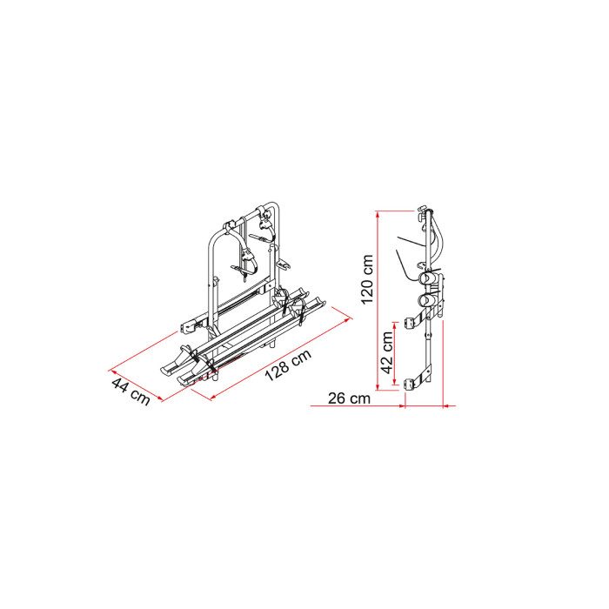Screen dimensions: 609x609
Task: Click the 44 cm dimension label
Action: pyautogui.click(x=130, y=391)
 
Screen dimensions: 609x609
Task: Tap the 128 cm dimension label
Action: pyautogui.click(x=288, y=365)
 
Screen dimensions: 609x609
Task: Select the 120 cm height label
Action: pyautogui.click(x=367, y=279)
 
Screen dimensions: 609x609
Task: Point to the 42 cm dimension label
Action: pyautogui.click(x=387, y=352)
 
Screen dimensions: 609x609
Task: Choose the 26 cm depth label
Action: pyautogui.click(x=349, y=398)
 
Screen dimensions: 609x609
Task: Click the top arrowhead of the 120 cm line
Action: pyautogui.click(x=377, y=214)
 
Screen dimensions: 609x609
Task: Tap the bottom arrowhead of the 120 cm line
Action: pyautogui.click(x=377, y=387)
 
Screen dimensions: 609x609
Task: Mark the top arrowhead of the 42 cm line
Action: pyautogui.click(x=395, y=325)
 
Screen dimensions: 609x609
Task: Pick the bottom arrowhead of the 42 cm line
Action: pyautogui.click(x=395, y=383)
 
